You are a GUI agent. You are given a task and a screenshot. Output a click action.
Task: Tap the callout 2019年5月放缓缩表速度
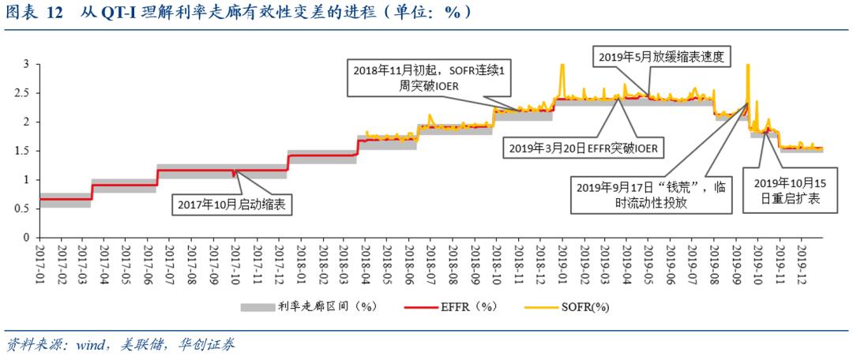tap(661, 56)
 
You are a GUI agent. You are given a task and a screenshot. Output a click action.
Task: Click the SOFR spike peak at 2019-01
tap(562, 66)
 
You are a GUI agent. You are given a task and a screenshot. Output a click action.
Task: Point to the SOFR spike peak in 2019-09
tap(747, 66)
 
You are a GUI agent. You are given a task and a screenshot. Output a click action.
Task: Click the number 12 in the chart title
tap(54, 13)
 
